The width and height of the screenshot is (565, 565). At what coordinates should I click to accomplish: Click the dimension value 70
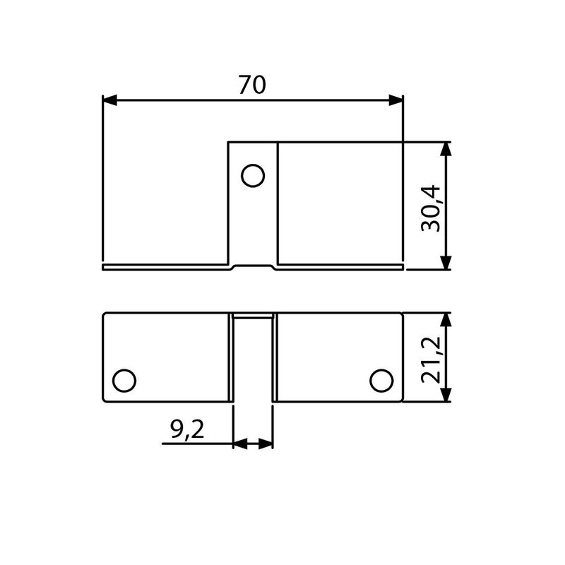pos(251,85)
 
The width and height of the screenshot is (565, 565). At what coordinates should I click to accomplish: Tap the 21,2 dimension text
pos(430,359)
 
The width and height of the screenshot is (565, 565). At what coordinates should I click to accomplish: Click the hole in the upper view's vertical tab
pos(252,174)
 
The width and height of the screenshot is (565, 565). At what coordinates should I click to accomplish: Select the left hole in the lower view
pos(124,380)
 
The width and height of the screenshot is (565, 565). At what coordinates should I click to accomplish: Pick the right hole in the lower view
pos(381,380)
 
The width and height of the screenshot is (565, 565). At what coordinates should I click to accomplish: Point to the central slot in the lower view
pos(253,360)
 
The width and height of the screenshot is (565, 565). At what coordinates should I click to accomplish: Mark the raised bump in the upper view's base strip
pos(252,266)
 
